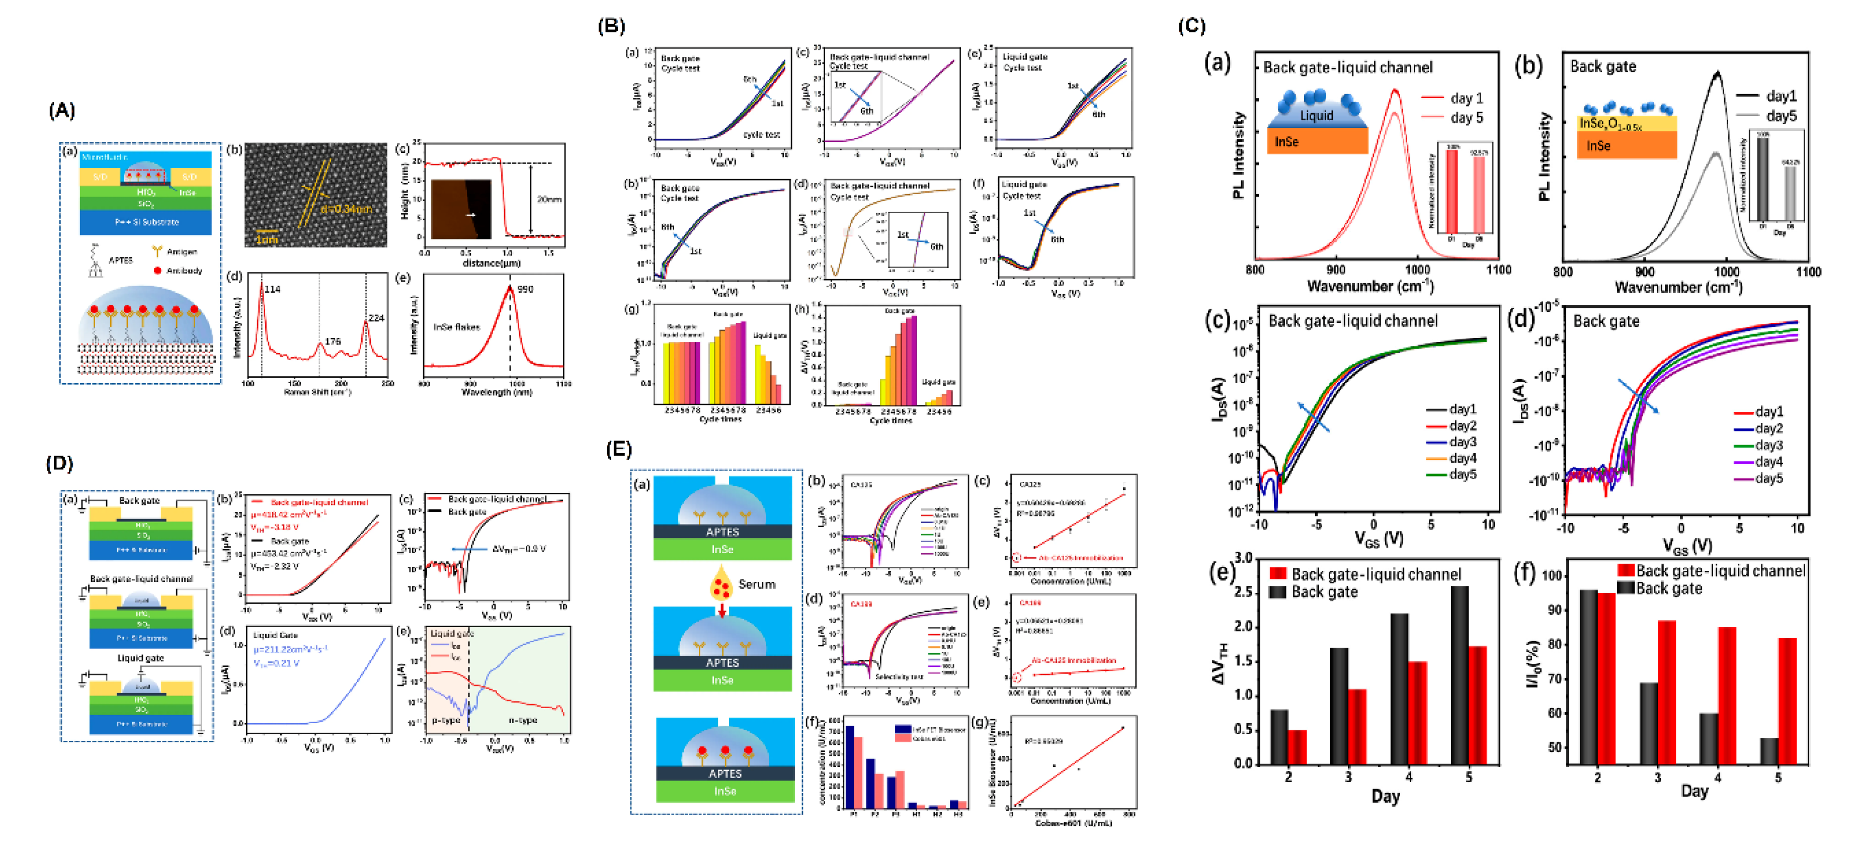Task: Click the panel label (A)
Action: click(x=61, y=110)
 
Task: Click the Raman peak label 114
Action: click(x=272, y=289)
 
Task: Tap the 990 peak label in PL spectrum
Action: click(x=525, y=289)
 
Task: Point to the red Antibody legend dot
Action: click(x=157, y=271)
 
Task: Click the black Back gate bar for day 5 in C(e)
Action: click(x=1459, y=674)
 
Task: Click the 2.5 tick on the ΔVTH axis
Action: click(x=1242, y=591)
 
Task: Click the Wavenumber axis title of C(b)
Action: click(x=1678, y=288)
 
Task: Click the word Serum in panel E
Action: click(x=756, y=584)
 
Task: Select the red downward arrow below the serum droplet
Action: click(x=721, y=611)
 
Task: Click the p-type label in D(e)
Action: click(x=446, y=720)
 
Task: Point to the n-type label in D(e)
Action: click(x=523, y=720)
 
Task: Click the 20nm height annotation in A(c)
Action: click(x=549, y=199)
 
